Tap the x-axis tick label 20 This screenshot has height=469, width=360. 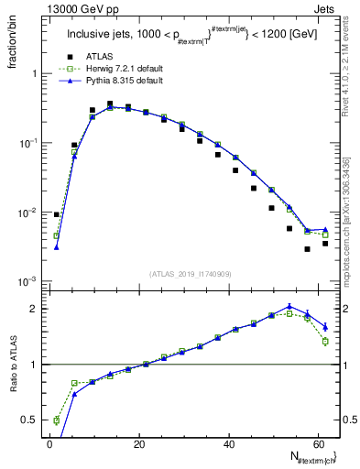[x=139, y=444]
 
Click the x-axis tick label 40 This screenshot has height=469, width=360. [x=229, y=444]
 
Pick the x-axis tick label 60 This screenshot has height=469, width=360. [x=318, y=444]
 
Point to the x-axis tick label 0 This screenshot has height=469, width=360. [x=50, y=444]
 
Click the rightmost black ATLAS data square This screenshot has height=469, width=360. [x=325, y=244]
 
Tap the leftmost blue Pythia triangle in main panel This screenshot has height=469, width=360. [x=56, y=246]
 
